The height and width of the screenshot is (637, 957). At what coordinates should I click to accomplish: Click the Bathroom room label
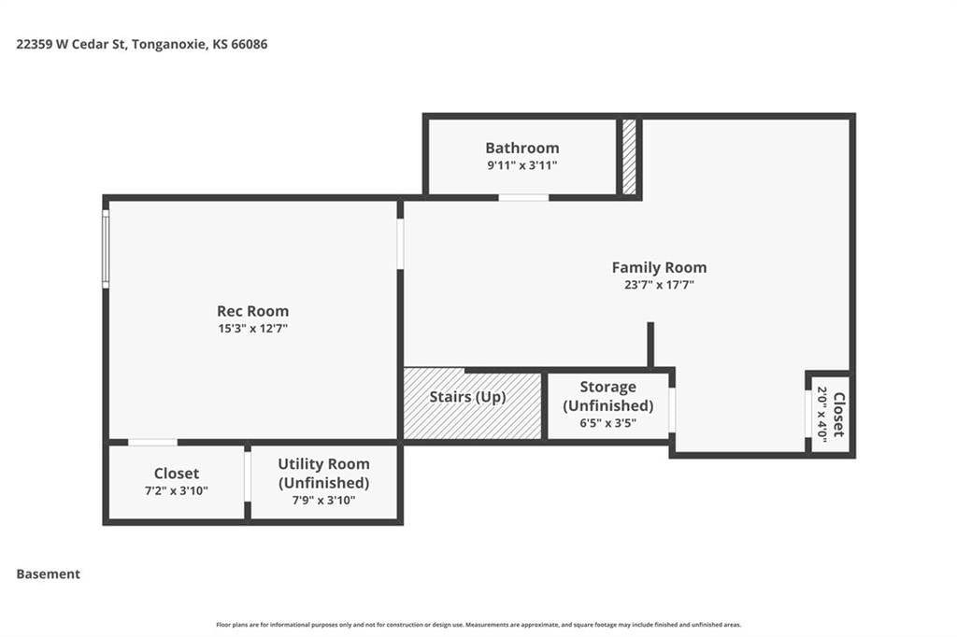521,149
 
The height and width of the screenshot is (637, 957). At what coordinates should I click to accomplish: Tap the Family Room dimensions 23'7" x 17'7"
659,284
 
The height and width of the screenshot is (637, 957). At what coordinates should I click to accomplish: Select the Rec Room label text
252,311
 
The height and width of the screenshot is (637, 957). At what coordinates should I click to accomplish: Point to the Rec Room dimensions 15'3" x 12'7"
252,328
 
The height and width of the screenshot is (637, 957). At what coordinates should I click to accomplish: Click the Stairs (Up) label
467,397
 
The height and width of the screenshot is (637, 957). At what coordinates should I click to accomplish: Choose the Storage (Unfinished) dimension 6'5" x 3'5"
607,423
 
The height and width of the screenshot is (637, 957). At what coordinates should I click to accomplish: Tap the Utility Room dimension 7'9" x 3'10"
323,501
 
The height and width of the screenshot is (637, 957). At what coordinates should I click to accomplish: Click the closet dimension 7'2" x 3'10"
177,490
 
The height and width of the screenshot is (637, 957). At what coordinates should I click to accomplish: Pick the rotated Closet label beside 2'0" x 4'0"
839,415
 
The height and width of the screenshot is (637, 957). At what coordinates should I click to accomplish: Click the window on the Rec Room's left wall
106,249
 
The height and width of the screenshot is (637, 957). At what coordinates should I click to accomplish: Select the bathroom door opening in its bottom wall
523,198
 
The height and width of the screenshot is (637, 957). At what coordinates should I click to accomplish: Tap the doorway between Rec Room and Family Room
400,244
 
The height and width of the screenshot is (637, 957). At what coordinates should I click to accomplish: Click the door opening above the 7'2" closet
152,443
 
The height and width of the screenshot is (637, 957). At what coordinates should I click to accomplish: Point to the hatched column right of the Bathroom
629,158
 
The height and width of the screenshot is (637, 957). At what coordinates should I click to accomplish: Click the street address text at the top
142,44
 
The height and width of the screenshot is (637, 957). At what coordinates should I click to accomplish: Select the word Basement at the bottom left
49,574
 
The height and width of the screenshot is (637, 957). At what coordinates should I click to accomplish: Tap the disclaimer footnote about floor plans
478,625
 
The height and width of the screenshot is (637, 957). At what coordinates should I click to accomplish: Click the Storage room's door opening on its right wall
672,411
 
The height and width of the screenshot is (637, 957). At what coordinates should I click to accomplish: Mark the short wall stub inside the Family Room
650,345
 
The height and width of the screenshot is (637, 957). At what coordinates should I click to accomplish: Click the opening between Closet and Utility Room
248,476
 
